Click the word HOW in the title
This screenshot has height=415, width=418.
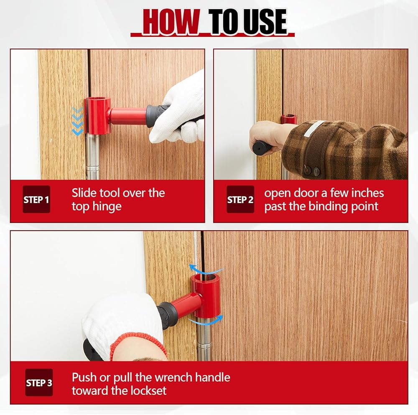click(x=171, y=21)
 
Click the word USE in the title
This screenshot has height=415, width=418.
click(x=261, y=21)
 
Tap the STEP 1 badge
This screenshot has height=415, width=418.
click(x=36, y=199)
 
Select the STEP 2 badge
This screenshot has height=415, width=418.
click(x=240, y=199)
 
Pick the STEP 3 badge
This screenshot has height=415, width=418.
click(x=39, y=382)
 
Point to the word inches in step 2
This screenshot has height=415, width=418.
click(x=367, y=193)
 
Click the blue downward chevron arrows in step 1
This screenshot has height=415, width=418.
click(x=77, y=121)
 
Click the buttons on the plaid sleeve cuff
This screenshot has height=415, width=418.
click(x=312, y=171)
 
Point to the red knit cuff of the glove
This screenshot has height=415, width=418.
click(x=139, y=344)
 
